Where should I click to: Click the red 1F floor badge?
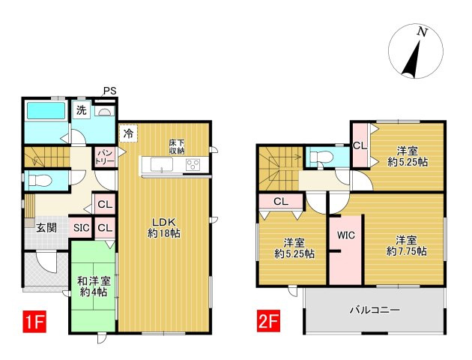click(x=34, y=322)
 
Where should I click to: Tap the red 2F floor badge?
click(x=268, y=322)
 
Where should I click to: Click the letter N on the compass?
click(x=423, y=32)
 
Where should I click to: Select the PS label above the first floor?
click(x=110, y=91)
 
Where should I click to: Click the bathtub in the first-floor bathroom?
click(x=46, y=110)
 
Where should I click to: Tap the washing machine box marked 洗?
click(x=81, y=110)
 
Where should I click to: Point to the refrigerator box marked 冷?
click(x=129, y=133)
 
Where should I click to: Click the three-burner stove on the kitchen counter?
click(x=193, y=165)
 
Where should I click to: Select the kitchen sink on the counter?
click(x=162, y=164)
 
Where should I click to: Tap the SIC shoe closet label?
click(x=81, y=228)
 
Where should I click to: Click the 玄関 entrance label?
click(x=46, y=228)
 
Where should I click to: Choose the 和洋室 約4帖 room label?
click(x=94, y=286)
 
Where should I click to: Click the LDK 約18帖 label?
click(x=164, y=227)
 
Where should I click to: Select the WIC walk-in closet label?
click(x=346, y=235)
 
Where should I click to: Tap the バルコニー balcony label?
click(x=375, y=310)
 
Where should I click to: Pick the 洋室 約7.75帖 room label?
click(x=406, y=246)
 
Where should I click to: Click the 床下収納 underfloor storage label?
click(x=176, y=147)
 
